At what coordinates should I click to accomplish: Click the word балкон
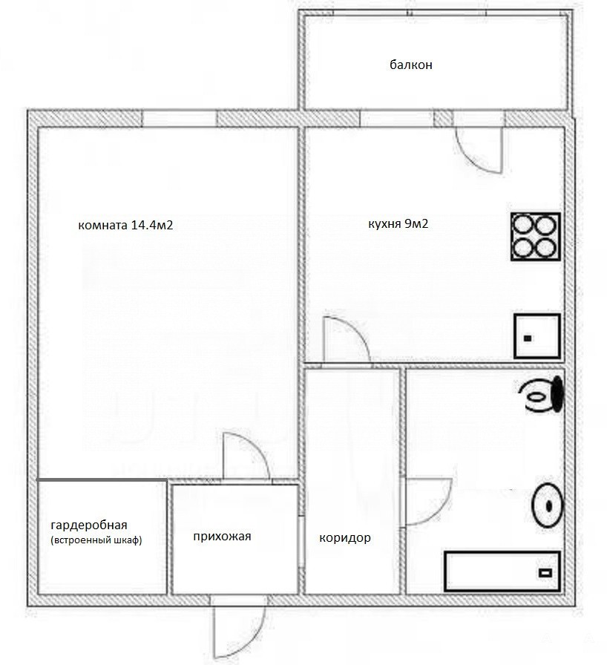pyautogui.click(x=411, y=65)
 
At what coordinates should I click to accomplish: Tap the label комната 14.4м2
pyautogui.click(x=125, y=225)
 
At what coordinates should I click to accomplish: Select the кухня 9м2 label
pyautogui.click(x=398, y=223)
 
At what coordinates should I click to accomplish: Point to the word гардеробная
pyautogui.click(x=89, y=525)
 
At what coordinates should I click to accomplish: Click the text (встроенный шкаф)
pyautogui.click(x=96, y=541)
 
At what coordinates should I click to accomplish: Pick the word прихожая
pyautogui.click(x=222, y=537)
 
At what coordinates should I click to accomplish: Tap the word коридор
pyautogui.click(x=345, y=538)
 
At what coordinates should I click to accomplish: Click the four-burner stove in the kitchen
pyautogui.click(x=536, y=237)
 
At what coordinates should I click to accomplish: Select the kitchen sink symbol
pyautogui.click(x=537, y=336)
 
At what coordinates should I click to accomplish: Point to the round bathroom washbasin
pyautogui.click(x=548, y=505)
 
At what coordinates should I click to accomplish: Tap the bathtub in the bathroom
pyautogui.click(x=502, y=571)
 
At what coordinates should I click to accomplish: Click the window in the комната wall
pyautogui.click(x=179, y=118)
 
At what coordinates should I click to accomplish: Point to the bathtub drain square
pyautogui.click(x=545, y=573)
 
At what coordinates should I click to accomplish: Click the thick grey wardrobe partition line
pyautogui.click(x=102, y=479)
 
